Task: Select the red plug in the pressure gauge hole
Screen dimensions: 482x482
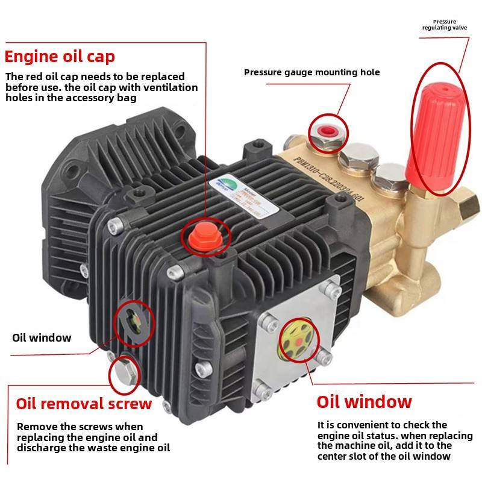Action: (x=328, y=131)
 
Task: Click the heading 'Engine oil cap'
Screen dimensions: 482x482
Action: (x=60, y=57)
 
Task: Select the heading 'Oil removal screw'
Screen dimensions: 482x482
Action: (x=84, y=403)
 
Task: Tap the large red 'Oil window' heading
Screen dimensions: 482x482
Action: (x=364, y=402)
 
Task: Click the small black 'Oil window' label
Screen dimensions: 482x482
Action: (x=42, y=337)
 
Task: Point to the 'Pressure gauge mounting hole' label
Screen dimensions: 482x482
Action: (x=311, y=72)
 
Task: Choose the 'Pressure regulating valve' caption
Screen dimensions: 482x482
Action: (x=443, y=25)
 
